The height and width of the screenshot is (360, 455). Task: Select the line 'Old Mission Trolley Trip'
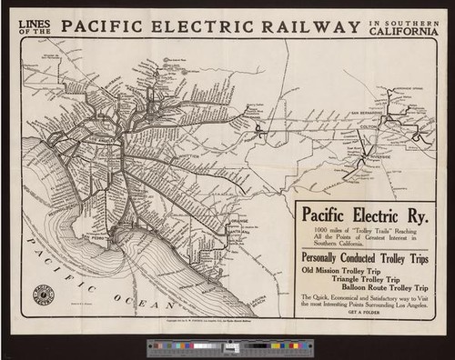(x=340, y=270)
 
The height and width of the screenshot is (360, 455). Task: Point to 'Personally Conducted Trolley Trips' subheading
(x=363, y=257)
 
